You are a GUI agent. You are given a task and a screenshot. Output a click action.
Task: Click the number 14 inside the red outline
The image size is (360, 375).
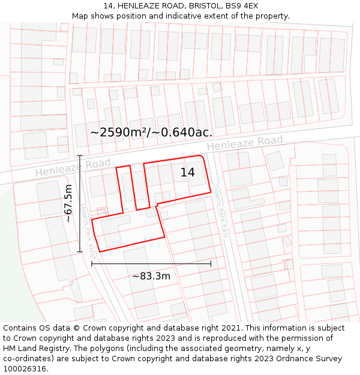coord(188,173)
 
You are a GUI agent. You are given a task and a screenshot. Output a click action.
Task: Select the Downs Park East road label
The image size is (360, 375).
coord(221,212)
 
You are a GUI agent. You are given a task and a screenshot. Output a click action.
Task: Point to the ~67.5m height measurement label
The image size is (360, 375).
coord(68,203)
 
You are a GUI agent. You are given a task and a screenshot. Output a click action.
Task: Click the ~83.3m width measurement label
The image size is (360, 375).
coord(151,276)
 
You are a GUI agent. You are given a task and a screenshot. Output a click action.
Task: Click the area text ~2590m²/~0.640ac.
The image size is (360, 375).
coord(151,132)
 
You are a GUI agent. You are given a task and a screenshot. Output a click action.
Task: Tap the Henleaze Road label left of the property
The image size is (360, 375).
coord(73,167)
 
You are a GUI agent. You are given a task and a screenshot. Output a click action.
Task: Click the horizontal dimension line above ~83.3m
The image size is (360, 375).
coord(151,263)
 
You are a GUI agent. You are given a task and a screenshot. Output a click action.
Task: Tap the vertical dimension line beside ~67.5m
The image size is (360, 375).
coord(80,203)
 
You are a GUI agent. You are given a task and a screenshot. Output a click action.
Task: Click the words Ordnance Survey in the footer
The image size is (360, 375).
coord(312,359)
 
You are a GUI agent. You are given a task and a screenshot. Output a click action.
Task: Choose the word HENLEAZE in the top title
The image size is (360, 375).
coord(140,6)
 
